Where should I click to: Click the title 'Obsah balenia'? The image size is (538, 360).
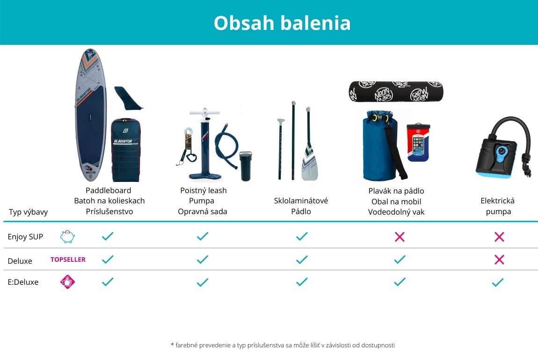click(282, 23)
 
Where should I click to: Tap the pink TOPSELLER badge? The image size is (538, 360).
click(68, 259)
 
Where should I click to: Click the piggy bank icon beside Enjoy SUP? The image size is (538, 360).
click(67, 237)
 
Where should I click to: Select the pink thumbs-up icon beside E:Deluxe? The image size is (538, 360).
click(67, 282)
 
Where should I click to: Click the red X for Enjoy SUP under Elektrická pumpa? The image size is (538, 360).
click(499, 237)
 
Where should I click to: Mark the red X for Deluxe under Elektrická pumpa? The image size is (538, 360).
click(499, 259)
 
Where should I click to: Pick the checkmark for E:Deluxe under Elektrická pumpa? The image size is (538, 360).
click(497, 282)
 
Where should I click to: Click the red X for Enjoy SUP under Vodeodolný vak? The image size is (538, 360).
click(400, 237)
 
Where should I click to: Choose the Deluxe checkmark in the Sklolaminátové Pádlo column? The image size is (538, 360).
click(302, 259)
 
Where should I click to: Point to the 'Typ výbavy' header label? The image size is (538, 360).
click(28, 212)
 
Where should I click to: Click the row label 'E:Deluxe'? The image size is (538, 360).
click(23, 282)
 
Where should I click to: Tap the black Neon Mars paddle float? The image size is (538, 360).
click(396, 92)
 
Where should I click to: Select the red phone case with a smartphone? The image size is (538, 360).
click(418, 142)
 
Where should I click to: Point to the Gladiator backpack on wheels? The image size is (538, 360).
click(125, 150)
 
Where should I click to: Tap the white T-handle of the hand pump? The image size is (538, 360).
click(204, 113)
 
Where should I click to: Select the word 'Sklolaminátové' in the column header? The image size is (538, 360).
click(301, 201)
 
